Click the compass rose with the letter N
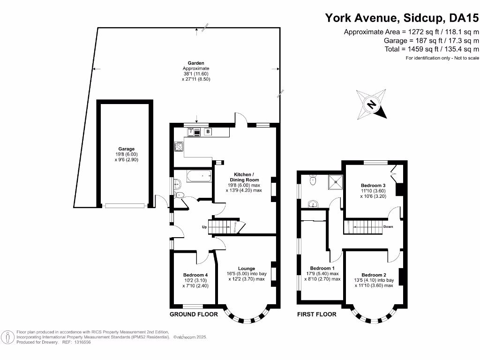(x=372, y=105)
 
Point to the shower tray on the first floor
(x=335, y=181)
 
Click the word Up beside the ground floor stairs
(x=204, y=227)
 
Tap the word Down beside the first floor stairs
(x=388, y=226)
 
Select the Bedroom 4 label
(x=195, y=275)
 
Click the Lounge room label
(x=246, y=269)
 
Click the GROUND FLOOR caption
(x=194, y=314)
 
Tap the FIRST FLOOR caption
(x=317, y=314)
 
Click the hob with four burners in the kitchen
(x=179, y=147)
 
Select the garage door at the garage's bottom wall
(x=124, y=205)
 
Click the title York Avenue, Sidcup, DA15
(x=402, y=18)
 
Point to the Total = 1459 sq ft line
(x=431, y=49)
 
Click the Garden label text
(x=196, y=63)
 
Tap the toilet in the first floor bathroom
(x=314, y=180)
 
